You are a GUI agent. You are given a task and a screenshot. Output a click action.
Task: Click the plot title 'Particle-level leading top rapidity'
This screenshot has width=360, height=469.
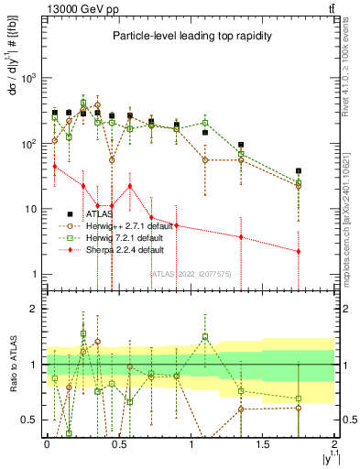[188, 36]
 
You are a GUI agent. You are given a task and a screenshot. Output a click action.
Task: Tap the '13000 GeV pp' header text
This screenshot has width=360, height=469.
[75, 9]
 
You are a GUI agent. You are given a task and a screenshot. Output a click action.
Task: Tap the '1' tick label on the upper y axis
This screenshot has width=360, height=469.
[35, 275]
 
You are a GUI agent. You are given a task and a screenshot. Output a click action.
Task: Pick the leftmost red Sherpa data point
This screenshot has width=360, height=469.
[55, 166]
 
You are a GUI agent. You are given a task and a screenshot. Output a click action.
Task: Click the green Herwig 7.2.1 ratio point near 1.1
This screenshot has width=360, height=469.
[205, 336]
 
